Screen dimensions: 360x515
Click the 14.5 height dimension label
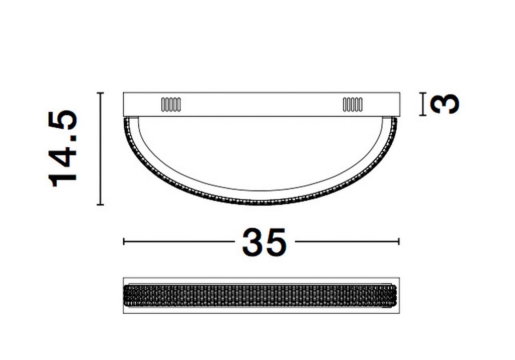(63, 148)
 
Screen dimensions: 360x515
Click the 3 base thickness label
(446, 104)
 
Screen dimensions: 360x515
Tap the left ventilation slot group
(170, 105)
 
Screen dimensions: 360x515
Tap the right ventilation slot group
(353, 105)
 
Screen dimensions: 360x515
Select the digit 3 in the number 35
(253, 242)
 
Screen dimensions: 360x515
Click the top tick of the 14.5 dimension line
(101, 93)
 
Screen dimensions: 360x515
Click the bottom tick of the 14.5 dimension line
(101, 205)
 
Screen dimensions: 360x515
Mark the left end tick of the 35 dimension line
(124, 242)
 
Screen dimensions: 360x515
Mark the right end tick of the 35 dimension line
(399, 242)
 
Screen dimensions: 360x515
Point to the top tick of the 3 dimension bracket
(423, 94)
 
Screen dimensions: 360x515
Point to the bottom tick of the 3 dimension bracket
(423, 115)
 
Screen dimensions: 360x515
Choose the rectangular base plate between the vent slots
(262, 105)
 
